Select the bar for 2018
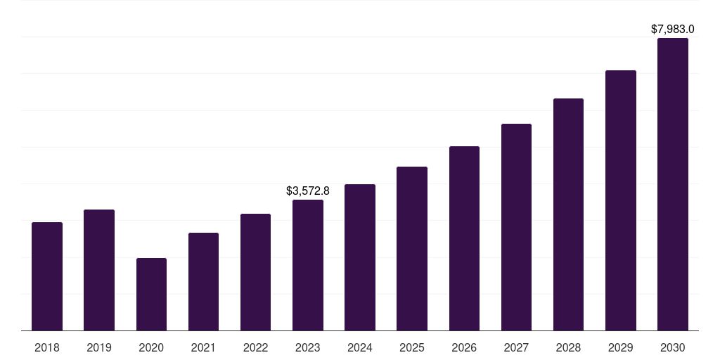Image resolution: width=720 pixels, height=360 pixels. (47, 276)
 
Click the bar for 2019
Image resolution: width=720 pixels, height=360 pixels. (99, 270)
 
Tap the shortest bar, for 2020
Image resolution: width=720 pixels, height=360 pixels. (151, 294)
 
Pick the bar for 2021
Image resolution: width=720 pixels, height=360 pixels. (203, 281)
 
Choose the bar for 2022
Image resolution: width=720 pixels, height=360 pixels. (255, 272)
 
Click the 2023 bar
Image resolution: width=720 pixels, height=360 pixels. (308, 265)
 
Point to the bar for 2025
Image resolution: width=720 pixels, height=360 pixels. (412, 248)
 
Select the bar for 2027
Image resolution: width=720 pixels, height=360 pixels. (516, 227)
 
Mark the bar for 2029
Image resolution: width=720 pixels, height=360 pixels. (620, 200)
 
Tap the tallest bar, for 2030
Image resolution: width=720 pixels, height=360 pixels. (673, 184)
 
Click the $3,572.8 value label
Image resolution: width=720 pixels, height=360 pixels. (308, 191)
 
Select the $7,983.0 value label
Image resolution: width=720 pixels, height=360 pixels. (673, 30)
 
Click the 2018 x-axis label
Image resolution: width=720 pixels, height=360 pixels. (47, 347)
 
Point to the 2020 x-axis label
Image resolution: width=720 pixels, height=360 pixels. (151, 347)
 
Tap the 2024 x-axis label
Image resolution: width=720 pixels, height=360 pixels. (360, 347)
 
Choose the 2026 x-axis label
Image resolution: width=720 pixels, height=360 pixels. (464, 347)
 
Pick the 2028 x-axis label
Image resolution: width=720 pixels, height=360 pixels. (568, 347)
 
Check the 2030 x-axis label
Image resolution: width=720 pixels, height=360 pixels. (673, 347)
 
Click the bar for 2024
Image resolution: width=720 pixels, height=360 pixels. (360, 257)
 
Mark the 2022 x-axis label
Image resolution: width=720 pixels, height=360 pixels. (255, 347)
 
